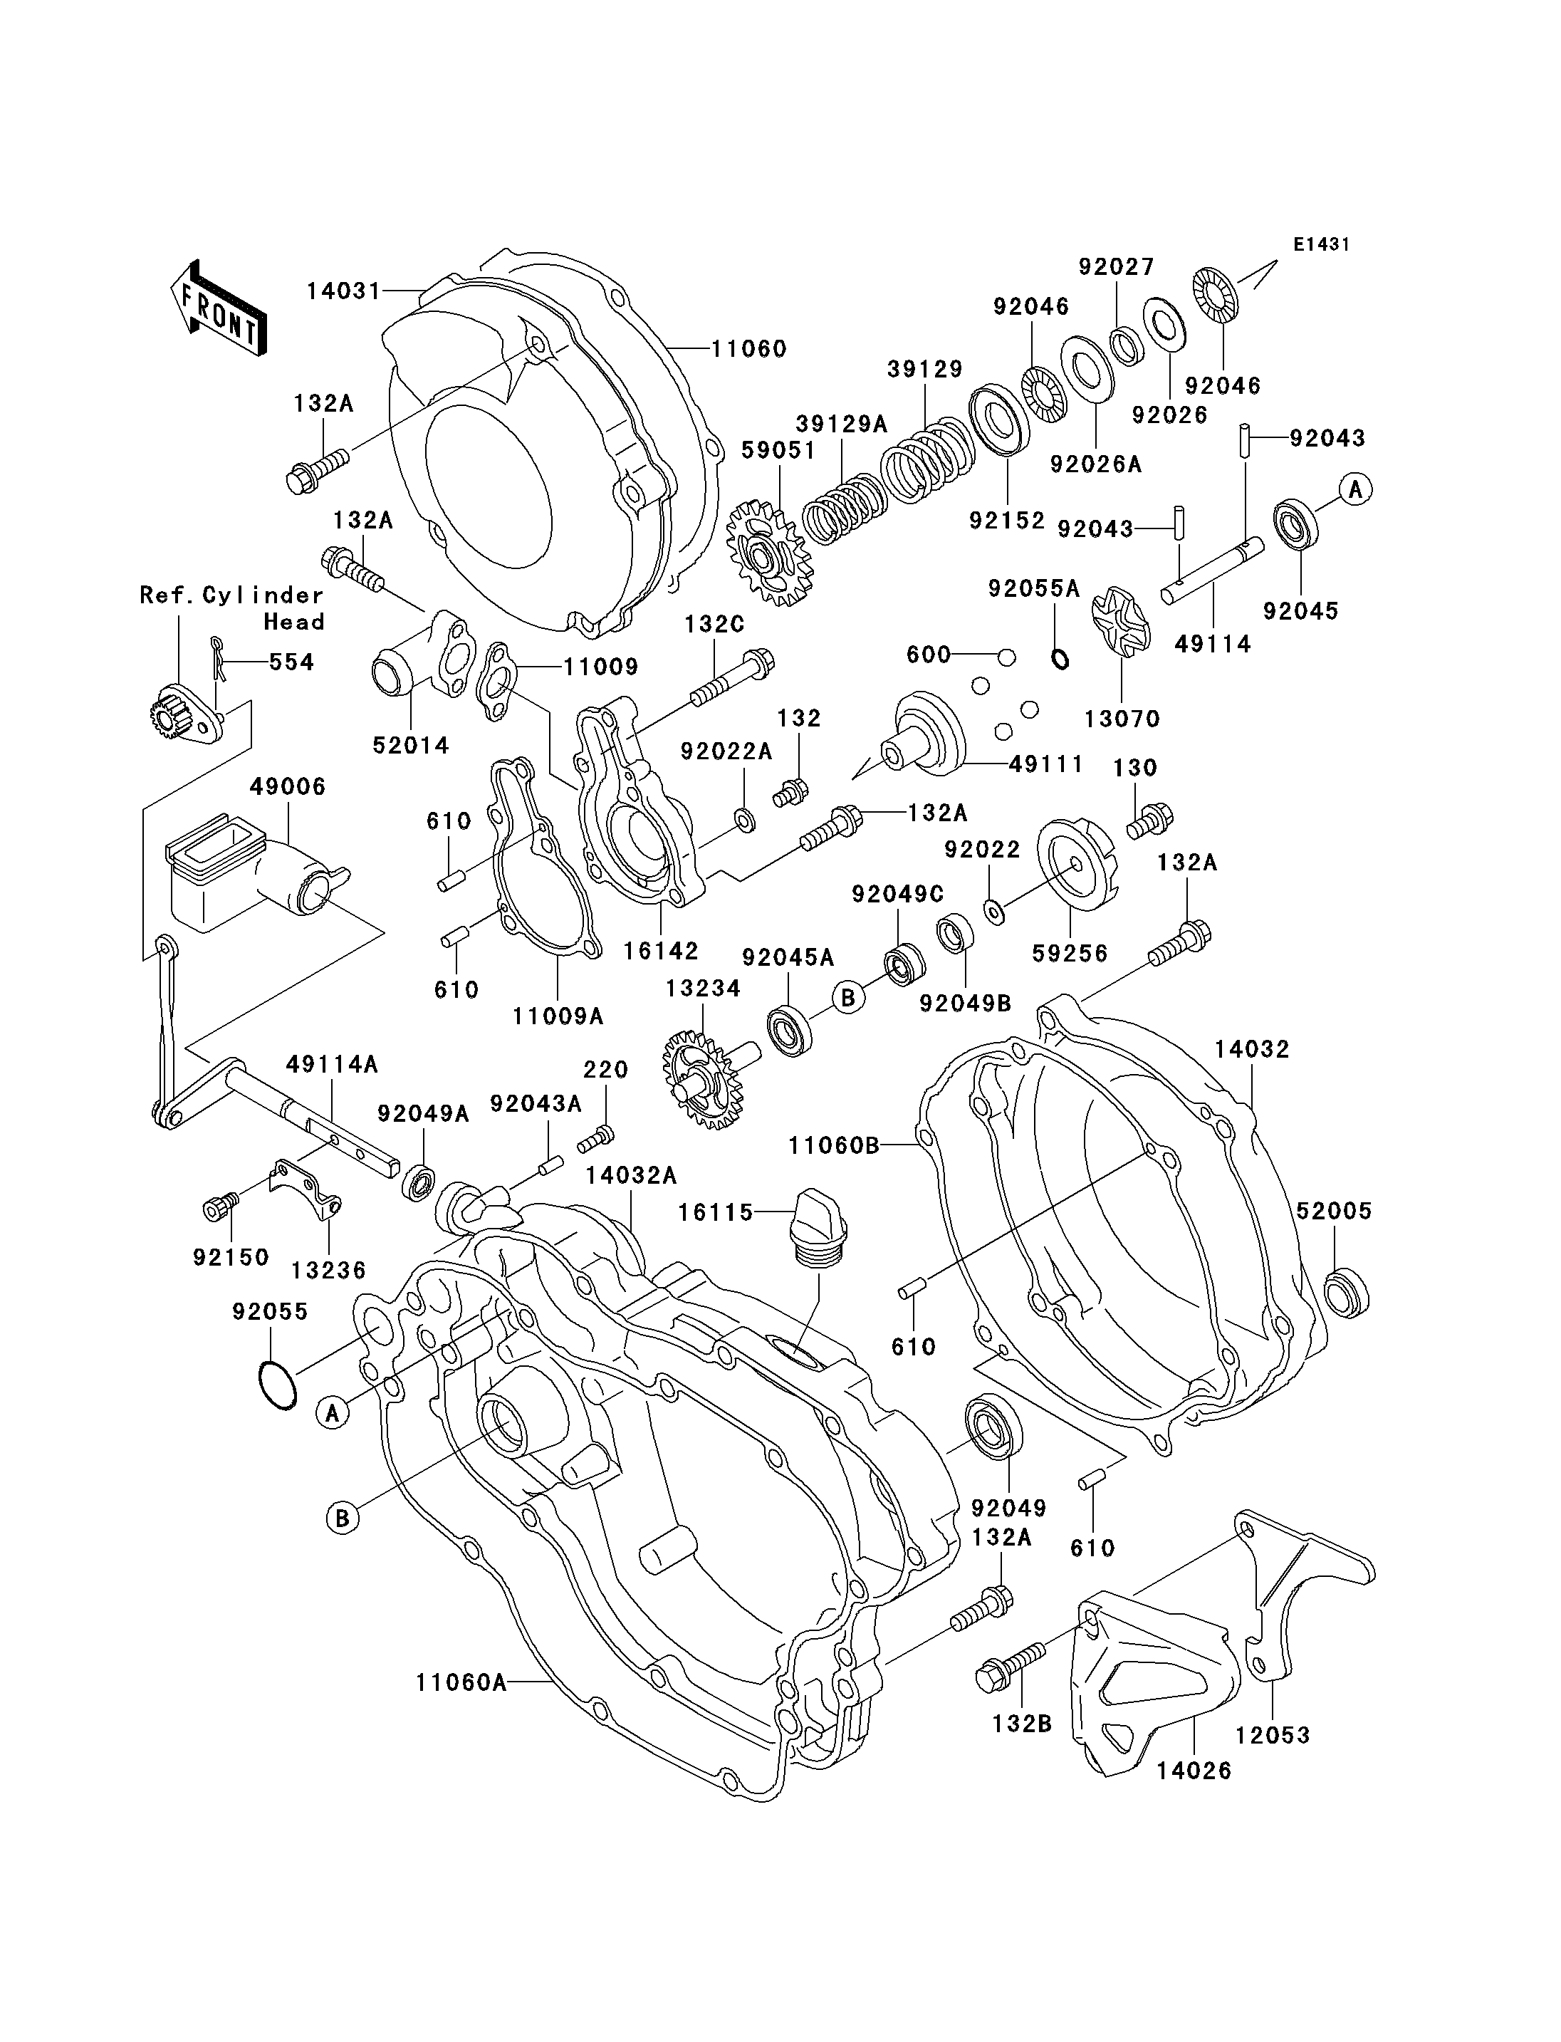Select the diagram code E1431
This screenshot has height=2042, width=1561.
[x=1320, y=244]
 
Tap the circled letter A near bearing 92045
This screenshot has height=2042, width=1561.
[x=1356, y=488]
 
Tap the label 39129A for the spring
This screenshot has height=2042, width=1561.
[x=841, y=424]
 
